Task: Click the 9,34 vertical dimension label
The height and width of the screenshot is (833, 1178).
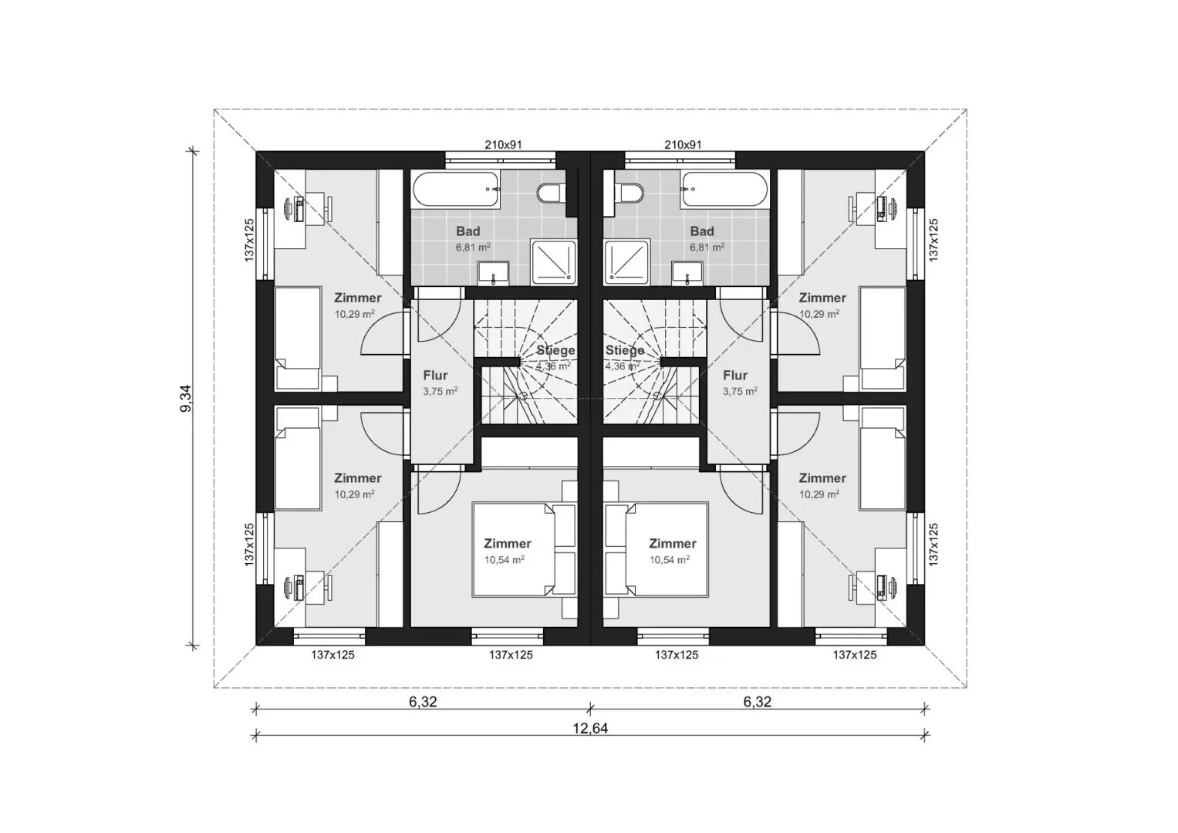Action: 186,398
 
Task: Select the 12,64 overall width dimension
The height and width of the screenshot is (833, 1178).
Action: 590,727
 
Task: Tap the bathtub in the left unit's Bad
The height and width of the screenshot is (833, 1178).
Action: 455,189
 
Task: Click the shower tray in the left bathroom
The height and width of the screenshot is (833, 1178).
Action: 554,261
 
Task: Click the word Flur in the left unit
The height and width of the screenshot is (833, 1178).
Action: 435,376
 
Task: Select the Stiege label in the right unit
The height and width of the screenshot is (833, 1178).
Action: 624,350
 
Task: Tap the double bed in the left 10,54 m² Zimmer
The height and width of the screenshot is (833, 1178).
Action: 513,549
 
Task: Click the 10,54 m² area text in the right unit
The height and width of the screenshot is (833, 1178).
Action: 670,560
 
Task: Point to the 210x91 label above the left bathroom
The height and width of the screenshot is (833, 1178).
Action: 503,145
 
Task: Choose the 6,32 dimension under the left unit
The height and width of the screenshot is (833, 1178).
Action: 423,702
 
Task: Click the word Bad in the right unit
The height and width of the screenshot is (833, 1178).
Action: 702,231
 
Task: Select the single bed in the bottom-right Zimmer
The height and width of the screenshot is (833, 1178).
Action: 883,468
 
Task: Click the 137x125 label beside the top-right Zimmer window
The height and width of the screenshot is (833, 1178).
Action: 933,241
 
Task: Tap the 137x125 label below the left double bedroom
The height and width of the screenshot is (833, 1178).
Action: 511,655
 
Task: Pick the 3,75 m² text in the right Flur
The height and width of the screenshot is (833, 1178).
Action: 740,391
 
